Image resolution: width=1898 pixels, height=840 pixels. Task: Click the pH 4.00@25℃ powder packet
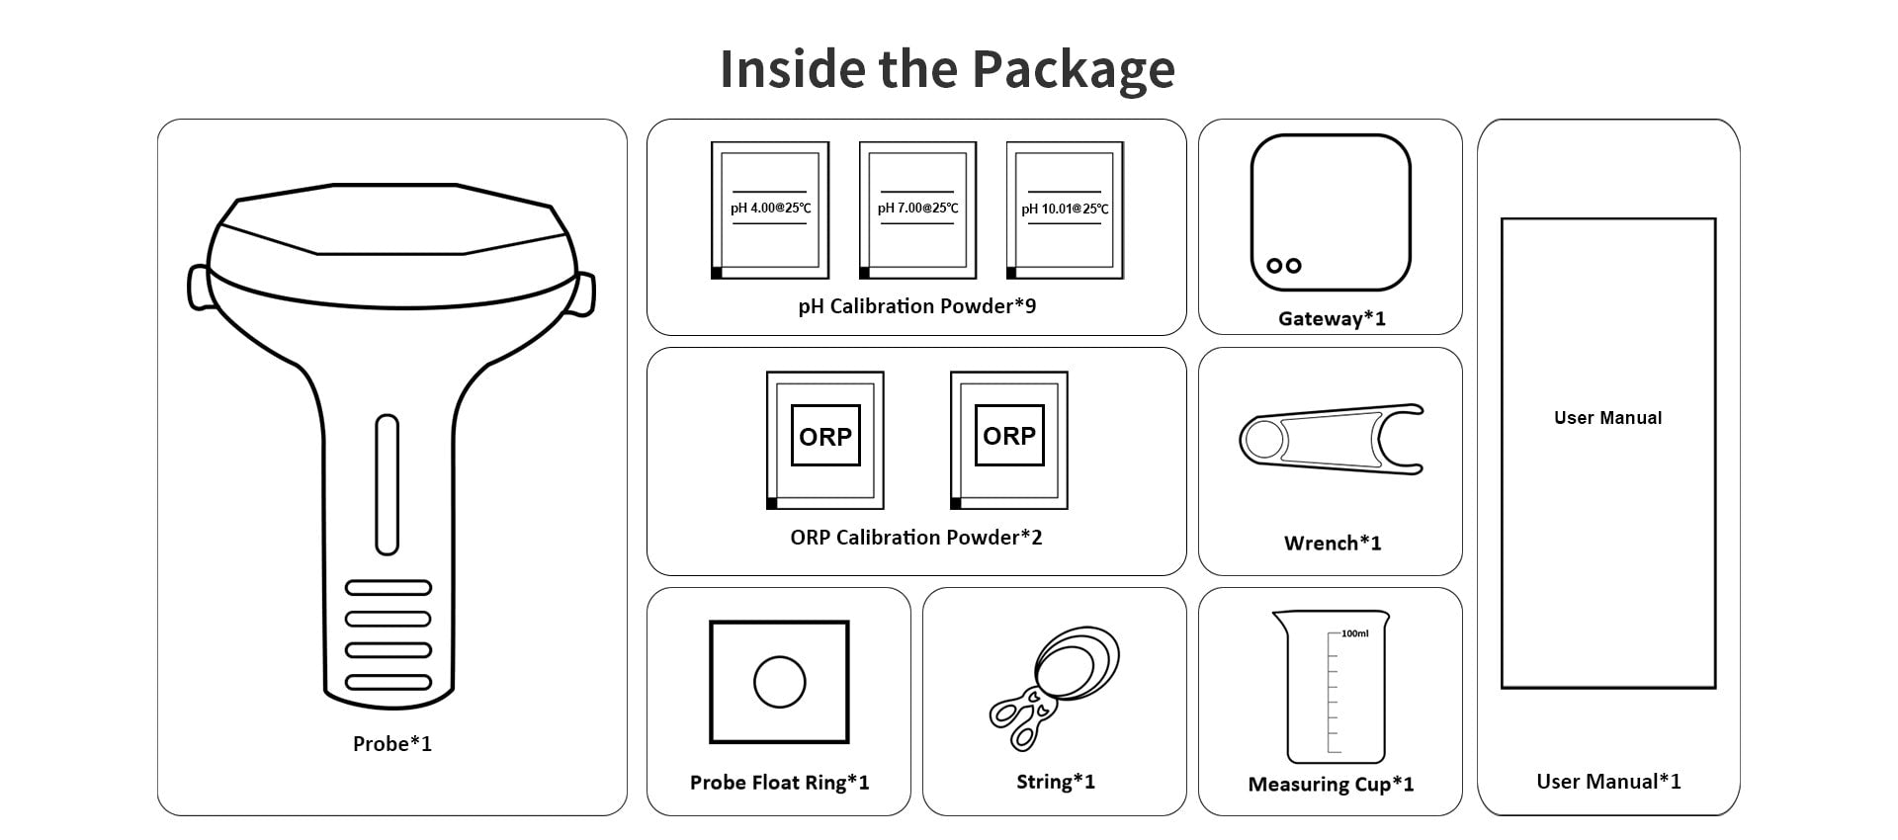point(770,210)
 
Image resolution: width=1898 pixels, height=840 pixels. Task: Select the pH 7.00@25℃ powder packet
point(917,210)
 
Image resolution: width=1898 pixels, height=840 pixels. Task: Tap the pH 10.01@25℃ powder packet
point(1065,210)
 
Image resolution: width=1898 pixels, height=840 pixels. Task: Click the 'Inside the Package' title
point(947,68)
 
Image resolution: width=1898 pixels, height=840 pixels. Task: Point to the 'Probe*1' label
point(392,744)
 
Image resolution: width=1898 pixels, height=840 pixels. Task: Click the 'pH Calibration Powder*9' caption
point(916,306)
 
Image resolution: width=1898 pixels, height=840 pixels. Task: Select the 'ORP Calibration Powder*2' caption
point(915,538)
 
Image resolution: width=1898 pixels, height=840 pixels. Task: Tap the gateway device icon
point(1330,212)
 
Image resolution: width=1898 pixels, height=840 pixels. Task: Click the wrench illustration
point(1331,439)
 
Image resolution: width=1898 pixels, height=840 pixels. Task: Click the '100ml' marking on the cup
point(1354,633)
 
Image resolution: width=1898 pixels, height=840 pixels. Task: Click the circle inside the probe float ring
point(779,682)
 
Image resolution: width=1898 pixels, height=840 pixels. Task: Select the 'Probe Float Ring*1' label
point(779,783)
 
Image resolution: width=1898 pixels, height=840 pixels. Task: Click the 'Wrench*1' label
point(1332,544)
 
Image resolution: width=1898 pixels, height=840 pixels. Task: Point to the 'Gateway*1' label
point(1332,319)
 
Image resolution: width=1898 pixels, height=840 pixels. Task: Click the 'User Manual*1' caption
point(1607,782)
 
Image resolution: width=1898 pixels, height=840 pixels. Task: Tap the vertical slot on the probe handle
point(387,484)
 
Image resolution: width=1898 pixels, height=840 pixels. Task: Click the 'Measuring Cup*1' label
point(1331,785)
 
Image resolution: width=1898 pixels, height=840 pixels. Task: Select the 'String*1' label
point(1055,782)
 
